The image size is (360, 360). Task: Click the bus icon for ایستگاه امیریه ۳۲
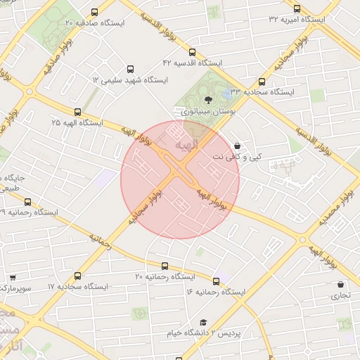pyautogui.click(x=297, y=8)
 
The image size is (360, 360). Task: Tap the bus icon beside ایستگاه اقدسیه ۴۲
pyautogui.click(x=193, y=51)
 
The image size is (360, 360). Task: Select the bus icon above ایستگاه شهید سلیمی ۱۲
pyautogui.click(x=130, y=69)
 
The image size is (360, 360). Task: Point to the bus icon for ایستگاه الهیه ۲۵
pyautogui.click(x=77, y=111)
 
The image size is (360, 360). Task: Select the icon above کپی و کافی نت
pyautogui.click(x=237, y=146)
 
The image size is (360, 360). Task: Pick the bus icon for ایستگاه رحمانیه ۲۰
pyautogui.click(x=165, y=266)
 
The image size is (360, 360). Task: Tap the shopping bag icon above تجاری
pyautogui.click(x=341, y=285)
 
